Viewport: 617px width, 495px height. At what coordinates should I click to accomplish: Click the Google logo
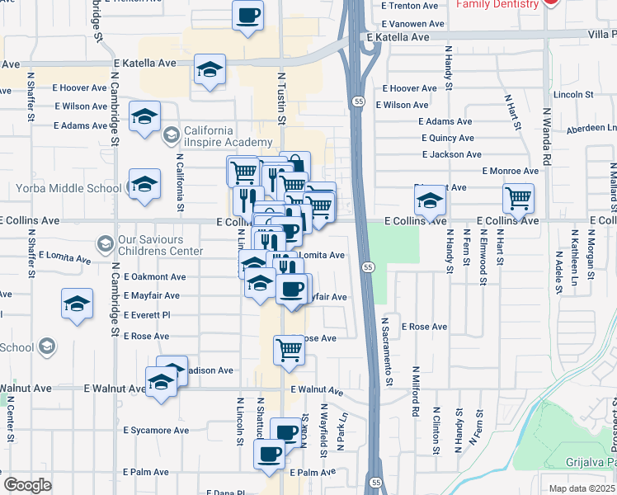click(x=27, y=485)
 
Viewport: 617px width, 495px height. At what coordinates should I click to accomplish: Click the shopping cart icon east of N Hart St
click(x=518, y=197)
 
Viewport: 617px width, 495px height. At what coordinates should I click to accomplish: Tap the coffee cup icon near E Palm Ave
click(x=269, y=454)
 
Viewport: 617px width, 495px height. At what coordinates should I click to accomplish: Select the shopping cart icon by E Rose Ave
click(x=289, y=350)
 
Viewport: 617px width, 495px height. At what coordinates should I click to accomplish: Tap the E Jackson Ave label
click(x=451, y=154)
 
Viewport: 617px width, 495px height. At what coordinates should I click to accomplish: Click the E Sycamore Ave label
click(x=156, y=430)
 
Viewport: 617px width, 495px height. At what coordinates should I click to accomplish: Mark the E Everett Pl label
click(x=146, y=315)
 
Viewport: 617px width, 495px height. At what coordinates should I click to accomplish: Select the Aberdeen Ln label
click(x=588, y=128)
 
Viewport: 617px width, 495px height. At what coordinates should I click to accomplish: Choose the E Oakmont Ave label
click(x=154, y=277)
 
